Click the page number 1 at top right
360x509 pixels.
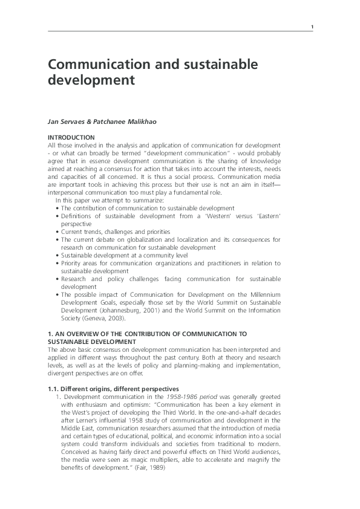312,27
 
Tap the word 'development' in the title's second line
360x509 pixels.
90,79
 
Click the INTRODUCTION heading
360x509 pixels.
71,137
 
